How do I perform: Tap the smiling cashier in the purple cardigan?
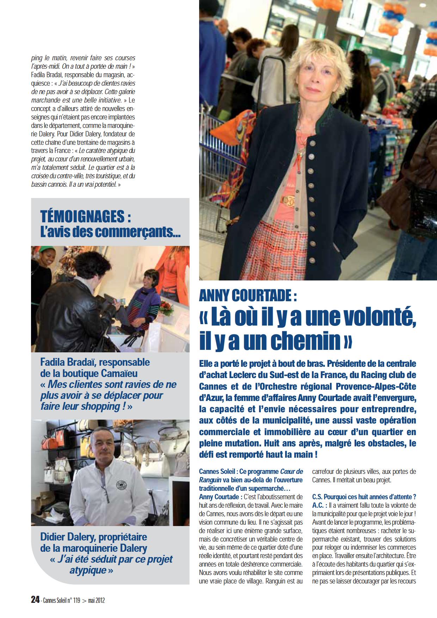[x=148, y=289]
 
